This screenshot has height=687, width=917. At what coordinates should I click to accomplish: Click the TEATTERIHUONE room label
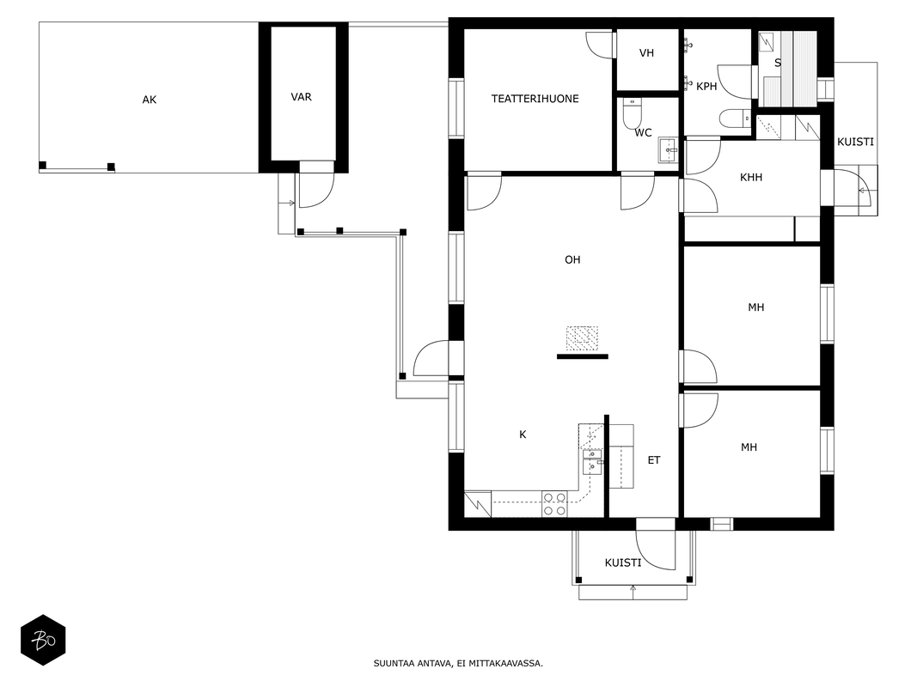pyautogui.click(x=535, y=99)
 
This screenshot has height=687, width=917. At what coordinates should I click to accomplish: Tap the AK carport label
pyautogui.click(x=150, y=100)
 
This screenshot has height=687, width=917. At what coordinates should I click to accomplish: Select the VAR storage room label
pyautogui.click(x=301, y=97)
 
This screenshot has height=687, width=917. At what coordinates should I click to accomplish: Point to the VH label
pyautogui.click(x=646, y=53)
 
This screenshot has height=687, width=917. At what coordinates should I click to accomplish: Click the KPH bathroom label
pyautogui.click(x=706, y=87)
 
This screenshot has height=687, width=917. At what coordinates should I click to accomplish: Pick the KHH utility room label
pyautogui.click(x=751, y=177)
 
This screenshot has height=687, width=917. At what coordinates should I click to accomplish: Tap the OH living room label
pyautogui.click(x=572, y=259)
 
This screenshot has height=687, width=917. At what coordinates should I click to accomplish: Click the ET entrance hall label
pyautogui.click(x=654, y=460)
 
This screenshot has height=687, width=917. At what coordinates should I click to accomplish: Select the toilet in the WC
pyautogui.click(x=633, y=113)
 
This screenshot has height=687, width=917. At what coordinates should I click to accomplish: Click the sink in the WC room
pyautogui.click(x=667, y=150)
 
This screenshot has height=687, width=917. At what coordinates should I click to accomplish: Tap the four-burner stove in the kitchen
pyautogui.click(x=554, y=504)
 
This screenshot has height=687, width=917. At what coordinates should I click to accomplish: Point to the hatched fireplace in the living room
pyautogui.click(x=582, y=339)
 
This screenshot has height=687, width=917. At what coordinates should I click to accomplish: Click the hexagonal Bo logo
pyautogui.click(x=43, y=641)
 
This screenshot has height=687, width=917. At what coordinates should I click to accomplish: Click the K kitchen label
pyautogui.click(x=523, y=435)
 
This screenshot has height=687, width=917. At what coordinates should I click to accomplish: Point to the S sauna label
pyautogui.click(x=778, y=63)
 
